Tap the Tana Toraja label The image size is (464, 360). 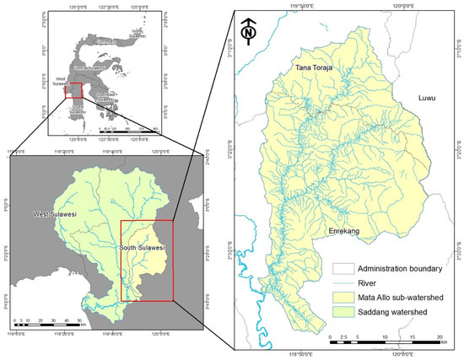pos(317,67)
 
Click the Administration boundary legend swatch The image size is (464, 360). pos(343,267)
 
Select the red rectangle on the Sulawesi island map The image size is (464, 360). pos(74,91)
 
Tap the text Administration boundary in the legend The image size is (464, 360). pos(404,267)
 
